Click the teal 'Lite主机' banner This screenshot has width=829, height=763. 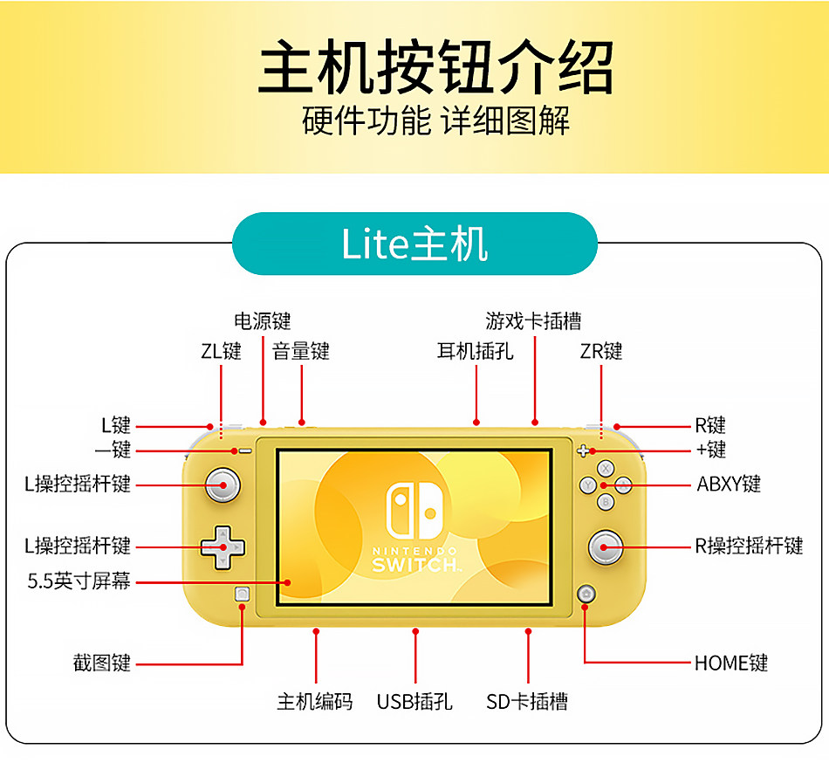(x=414, y=244)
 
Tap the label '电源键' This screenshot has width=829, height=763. (x=263, y=322)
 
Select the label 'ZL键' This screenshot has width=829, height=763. (x=221, y=352)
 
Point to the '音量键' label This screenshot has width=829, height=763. (x=301, y=352)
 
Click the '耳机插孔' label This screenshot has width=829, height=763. (x=476, y=352)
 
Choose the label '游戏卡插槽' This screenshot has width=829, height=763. (x=533, y=322)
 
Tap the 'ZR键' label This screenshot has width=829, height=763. (x=601, y=352)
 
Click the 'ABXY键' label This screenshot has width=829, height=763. (x=729, y=484)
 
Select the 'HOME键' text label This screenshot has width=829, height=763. (x=731, y=663)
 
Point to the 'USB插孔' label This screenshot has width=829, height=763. (x=414, y=702)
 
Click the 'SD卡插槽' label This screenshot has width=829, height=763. (x=527, y=702)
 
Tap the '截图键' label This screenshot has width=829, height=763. (x=101, y=663)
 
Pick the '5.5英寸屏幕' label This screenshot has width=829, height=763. (x=79, y=581)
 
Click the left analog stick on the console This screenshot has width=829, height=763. (x=222, y=484)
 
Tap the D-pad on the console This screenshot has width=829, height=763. (x=223, y=546)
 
